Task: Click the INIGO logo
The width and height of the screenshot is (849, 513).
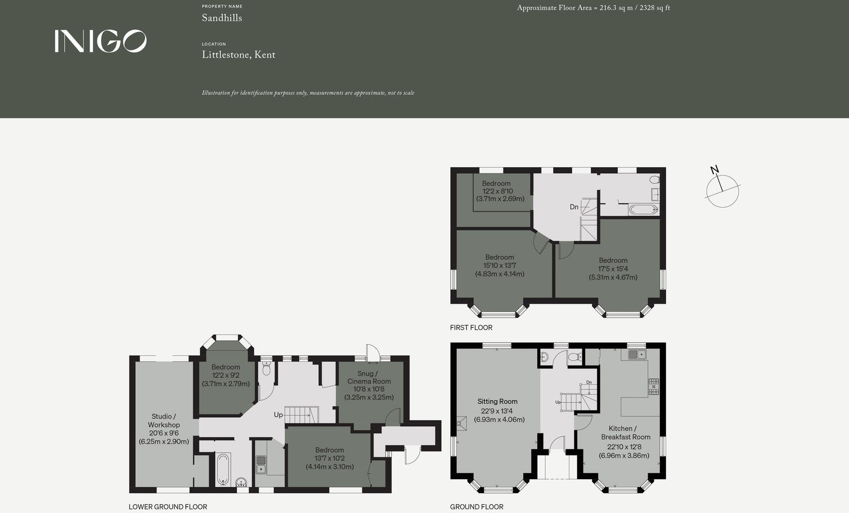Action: tap(100, 41)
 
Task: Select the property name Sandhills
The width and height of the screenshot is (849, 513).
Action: tap(222, 18)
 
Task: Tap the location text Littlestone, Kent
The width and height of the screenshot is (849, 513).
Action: tap(239, 55)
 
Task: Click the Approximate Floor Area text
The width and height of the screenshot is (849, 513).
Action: tap(593, 8)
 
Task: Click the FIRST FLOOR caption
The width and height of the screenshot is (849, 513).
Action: tap(471, 327)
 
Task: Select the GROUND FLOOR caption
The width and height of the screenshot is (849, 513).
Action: tap(477, 507)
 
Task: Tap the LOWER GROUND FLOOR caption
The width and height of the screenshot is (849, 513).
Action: tap(168, 507)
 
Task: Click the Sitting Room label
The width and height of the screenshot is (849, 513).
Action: tap(497, 402)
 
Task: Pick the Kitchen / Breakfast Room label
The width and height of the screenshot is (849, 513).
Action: tap(625, 433)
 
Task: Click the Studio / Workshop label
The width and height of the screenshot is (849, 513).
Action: tap(164, 421)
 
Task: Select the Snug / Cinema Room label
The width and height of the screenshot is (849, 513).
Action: tap(369, 377)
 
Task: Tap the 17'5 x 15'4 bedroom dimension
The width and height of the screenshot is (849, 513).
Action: tap(613, 269)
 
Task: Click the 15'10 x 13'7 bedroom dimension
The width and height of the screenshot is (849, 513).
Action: tap(500, 265)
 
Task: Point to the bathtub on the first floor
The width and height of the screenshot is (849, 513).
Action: tap(643, 210)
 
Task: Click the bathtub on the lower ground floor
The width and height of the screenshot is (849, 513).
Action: tap(222, 469)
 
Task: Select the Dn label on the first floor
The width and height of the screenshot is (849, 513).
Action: tap(574, 207)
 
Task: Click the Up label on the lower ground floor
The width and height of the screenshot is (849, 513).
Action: tap(278, 415)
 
